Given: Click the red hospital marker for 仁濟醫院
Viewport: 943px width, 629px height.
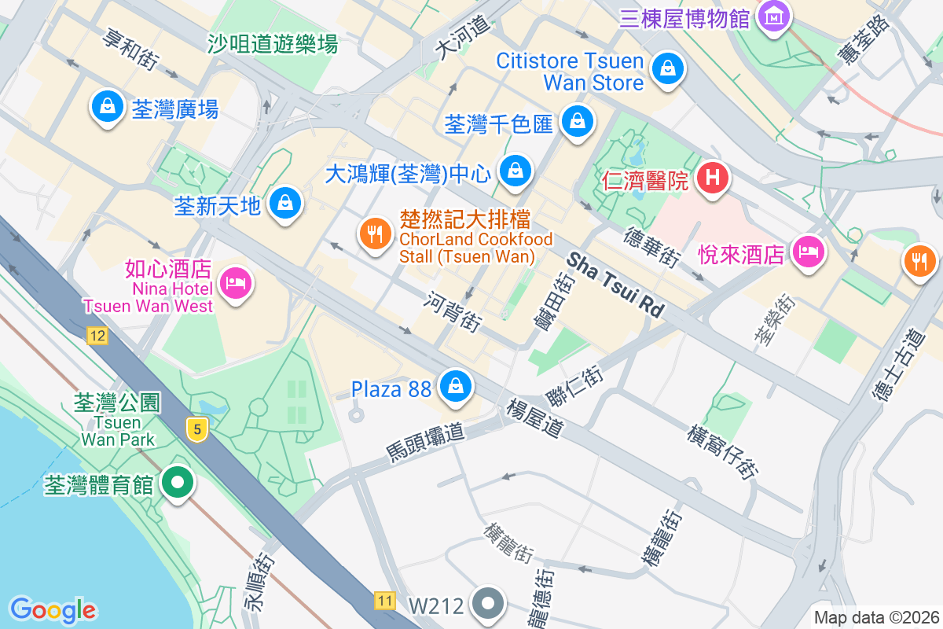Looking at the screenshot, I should pyautogui.click(x=713, y=178).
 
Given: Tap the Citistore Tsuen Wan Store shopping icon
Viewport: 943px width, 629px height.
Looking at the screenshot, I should pyautogui.click(x=668, y=68).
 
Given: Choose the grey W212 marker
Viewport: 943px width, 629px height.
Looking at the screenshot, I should pyautogui.click(x=488, y=604).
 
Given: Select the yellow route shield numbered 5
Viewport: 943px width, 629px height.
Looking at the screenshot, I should pyautogui.click(x=197, y=429).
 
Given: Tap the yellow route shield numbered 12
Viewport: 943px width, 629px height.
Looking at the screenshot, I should pyautogui.click(x=97, y=337).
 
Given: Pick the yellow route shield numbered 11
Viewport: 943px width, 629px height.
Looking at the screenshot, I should pyautogui.click(x=384, y=601).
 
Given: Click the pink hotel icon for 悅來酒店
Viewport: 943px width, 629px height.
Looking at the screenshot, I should pyautogui.click(x=809, y=252).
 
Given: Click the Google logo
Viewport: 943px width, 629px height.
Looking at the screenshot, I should pyautogui.click(x=53, y=609).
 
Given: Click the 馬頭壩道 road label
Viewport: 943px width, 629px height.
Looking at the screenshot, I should pyautogui.click(x=425, y=442).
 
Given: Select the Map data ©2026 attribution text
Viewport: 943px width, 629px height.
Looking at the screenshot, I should pyautogui.click(x=875, y=617).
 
